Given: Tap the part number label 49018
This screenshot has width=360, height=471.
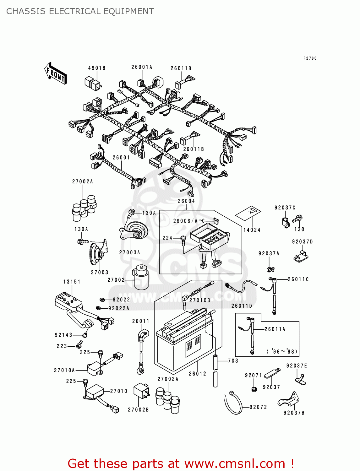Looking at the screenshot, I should (x=97, y=68).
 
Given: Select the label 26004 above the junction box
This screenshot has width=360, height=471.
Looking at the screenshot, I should (x=186, y=201).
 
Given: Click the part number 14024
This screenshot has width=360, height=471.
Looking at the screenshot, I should (x=252, y=230).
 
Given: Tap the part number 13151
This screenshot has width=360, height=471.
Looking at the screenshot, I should (x=72, y=282).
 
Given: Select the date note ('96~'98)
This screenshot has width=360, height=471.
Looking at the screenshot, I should (x=282, y=351).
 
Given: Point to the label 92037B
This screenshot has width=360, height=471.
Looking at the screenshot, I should (x=294, y=413).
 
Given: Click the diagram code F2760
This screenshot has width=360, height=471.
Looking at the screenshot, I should (x=310, y=58).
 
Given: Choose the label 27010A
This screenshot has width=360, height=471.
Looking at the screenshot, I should (x=64, y=370).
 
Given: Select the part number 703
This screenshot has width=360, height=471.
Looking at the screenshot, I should (x=233, y=361).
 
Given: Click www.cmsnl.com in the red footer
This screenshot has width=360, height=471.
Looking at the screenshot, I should (x=234, y=463).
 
